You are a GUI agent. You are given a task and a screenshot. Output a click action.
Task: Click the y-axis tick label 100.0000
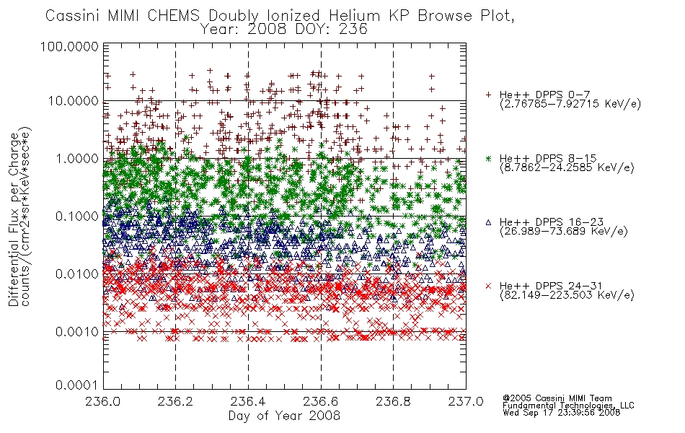pyautogui.click(x=69, y=46)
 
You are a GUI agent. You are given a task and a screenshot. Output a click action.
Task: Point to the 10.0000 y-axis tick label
pyautogui.click(x=73, y=101)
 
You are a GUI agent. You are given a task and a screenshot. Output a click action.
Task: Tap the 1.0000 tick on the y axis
pyautogui.click(x=76, y=158)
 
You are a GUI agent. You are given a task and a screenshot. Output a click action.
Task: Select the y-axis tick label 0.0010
pyautogui.click(x=76, y=332)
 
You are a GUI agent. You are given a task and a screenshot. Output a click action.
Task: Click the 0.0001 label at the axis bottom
pyautogui.click(x=76, y=385)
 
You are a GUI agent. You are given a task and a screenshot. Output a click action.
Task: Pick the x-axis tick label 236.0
pyautogui.click(x=103, y=401)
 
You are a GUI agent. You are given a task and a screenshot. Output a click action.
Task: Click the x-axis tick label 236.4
pyautogui.click(x=248, y=401)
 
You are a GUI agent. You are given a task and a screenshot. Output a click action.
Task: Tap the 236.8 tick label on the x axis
pyautogui.click(x=393, y=401)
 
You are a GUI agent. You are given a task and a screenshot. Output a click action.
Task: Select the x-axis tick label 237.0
pyautogui.click(x=466, y=401)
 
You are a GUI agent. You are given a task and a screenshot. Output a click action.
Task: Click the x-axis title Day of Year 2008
pyautogui.click(x=284, y=416)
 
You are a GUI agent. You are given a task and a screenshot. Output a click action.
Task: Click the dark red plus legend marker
pyautogui.click(x=488, y=95)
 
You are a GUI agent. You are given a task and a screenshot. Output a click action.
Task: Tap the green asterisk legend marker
pyautogui.click(x=488, y=158)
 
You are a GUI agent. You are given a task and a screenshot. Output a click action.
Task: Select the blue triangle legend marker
pyautogui.click(x=488, y=222)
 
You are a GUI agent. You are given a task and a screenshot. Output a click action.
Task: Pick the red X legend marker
pyautogui.click(x=488, y=286)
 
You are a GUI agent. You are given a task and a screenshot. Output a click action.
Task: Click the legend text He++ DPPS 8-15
pyautogui.click(x=548, y=158)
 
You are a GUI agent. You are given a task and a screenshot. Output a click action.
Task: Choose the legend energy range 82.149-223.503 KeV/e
pyautogui.click(x=567, y=295)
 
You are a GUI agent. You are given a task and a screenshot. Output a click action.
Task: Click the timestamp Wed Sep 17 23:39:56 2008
pyautogui.click(x=561, y=413)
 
